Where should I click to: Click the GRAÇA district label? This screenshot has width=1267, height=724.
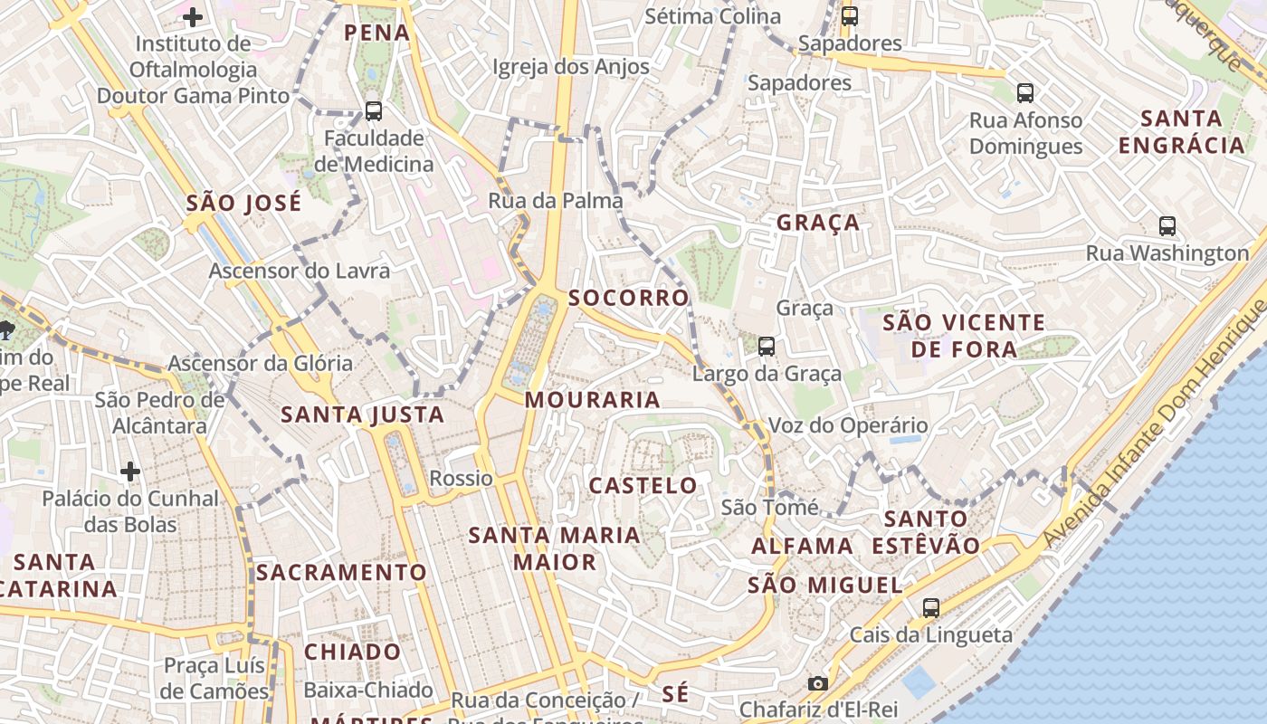818,223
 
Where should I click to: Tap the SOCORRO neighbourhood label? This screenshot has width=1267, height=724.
629,298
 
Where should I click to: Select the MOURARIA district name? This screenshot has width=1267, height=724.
593,399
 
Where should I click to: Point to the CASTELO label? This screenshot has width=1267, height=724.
643,486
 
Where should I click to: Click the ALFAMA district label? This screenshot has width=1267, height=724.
803,546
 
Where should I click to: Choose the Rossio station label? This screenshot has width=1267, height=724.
462,478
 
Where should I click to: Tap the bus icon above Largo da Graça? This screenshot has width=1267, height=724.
767,346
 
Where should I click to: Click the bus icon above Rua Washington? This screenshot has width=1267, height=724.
1167,226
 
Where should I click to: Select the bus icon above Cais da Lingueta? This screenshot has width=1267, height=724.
931,607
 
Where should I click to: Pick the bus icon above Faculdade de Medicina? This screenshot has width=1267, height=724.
374,111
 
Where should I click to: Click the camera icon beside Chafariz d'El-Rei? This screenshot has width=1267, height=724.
817,683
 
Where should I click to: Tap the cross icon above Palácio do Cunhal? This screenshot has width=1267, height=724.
130,472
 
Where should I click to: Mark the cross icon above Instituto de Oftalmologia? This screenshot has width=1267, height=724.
192,16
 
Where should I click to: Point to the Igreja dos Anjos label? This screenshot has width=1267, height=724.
571,67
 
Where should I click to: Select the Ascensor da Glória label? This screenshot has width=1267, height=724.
261,364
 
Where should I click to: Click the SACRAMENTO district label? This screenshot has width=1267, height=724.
340,573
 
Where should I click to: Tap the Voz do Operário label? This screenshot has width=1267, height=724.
848,425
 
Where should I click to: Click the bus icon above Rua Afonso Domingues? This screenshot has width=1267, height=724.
1025,92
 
